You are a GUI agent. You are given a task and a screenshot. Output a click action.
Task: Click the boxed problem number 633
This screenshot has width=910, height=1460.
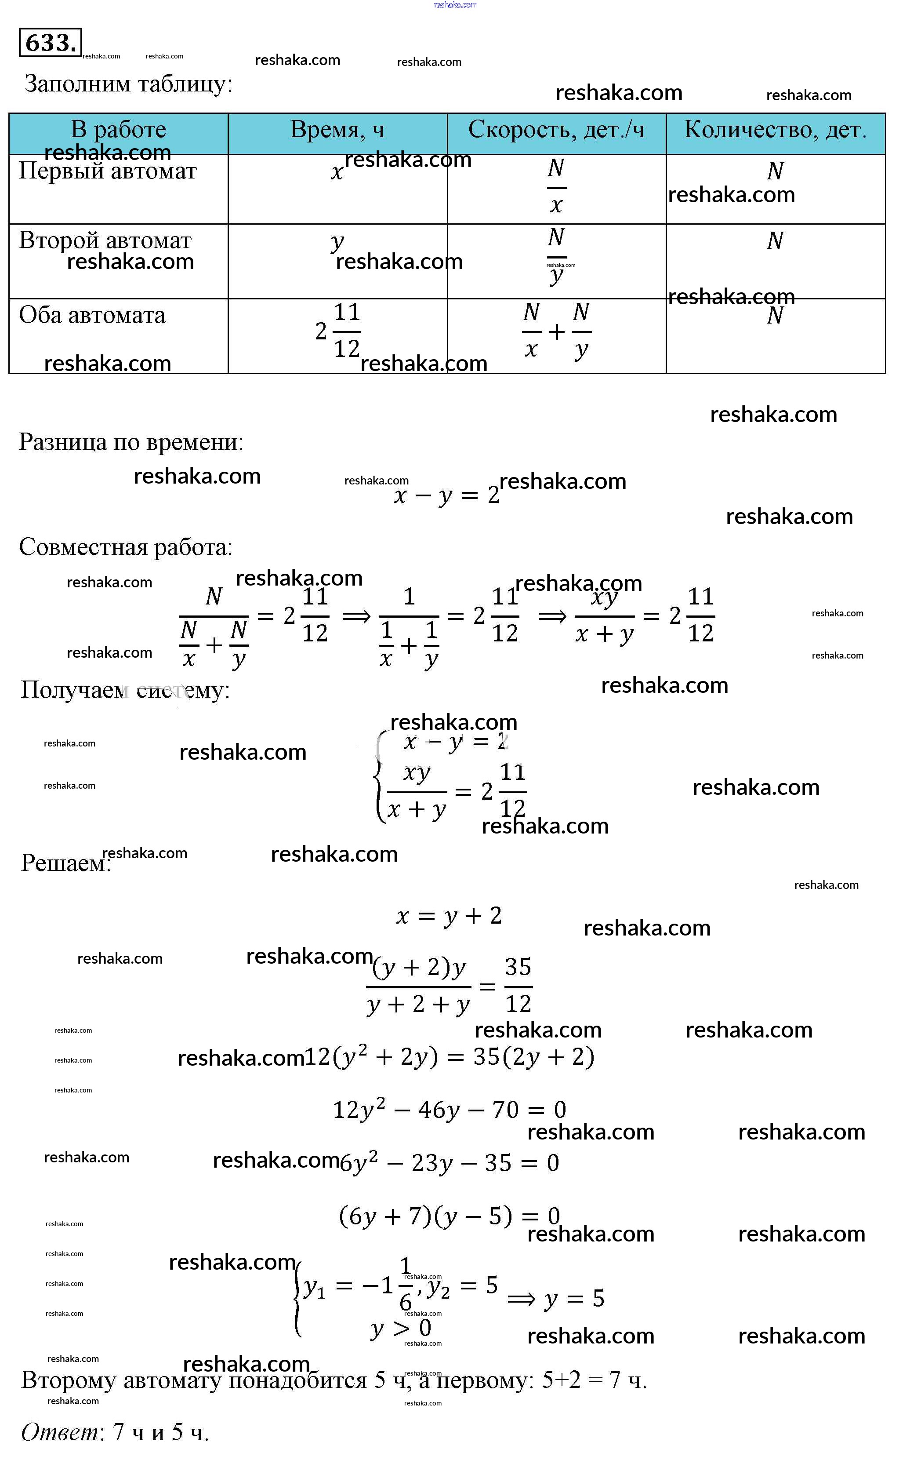coord(51,43)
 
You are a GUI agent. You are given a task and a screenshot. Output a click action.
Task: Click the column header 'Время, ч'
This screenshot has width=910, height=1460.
coord(337,129)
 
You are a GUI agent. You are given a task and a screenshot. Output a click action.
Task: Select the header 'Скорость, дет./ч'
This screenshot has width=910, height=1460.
coord(556,129)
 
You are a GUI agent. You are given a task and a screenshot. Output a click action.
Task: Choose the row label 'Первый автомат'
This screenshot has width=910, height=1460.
coord(108,171)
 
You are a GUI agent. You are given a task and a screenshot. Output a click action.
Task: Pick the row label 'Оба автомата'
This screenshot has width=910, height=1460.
coord(92,316)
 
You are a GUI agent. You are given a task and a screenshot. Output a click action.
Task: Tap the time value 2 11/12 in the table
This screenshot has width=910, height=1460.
coord(338,331)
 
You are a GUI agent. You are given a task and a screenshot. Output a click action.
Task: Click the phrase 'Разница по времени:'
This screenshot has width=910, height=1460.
coord(131,443)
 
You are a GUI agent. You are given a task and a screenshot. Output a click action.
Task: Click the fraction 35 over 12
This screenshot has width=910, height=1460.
coord(518,986)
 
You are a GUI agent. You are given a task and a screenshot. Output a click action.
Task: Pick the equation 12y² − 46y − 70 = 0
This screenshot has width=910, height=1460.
coord(449,1109)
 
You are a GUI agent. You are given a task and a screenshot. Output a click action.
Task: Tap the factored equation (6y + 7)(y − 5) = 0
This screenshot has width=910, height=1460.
coord(449,1216)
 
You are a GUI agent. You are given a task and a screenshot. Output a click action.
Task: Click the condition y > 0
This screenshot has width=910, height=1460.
coord(401,1328)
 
